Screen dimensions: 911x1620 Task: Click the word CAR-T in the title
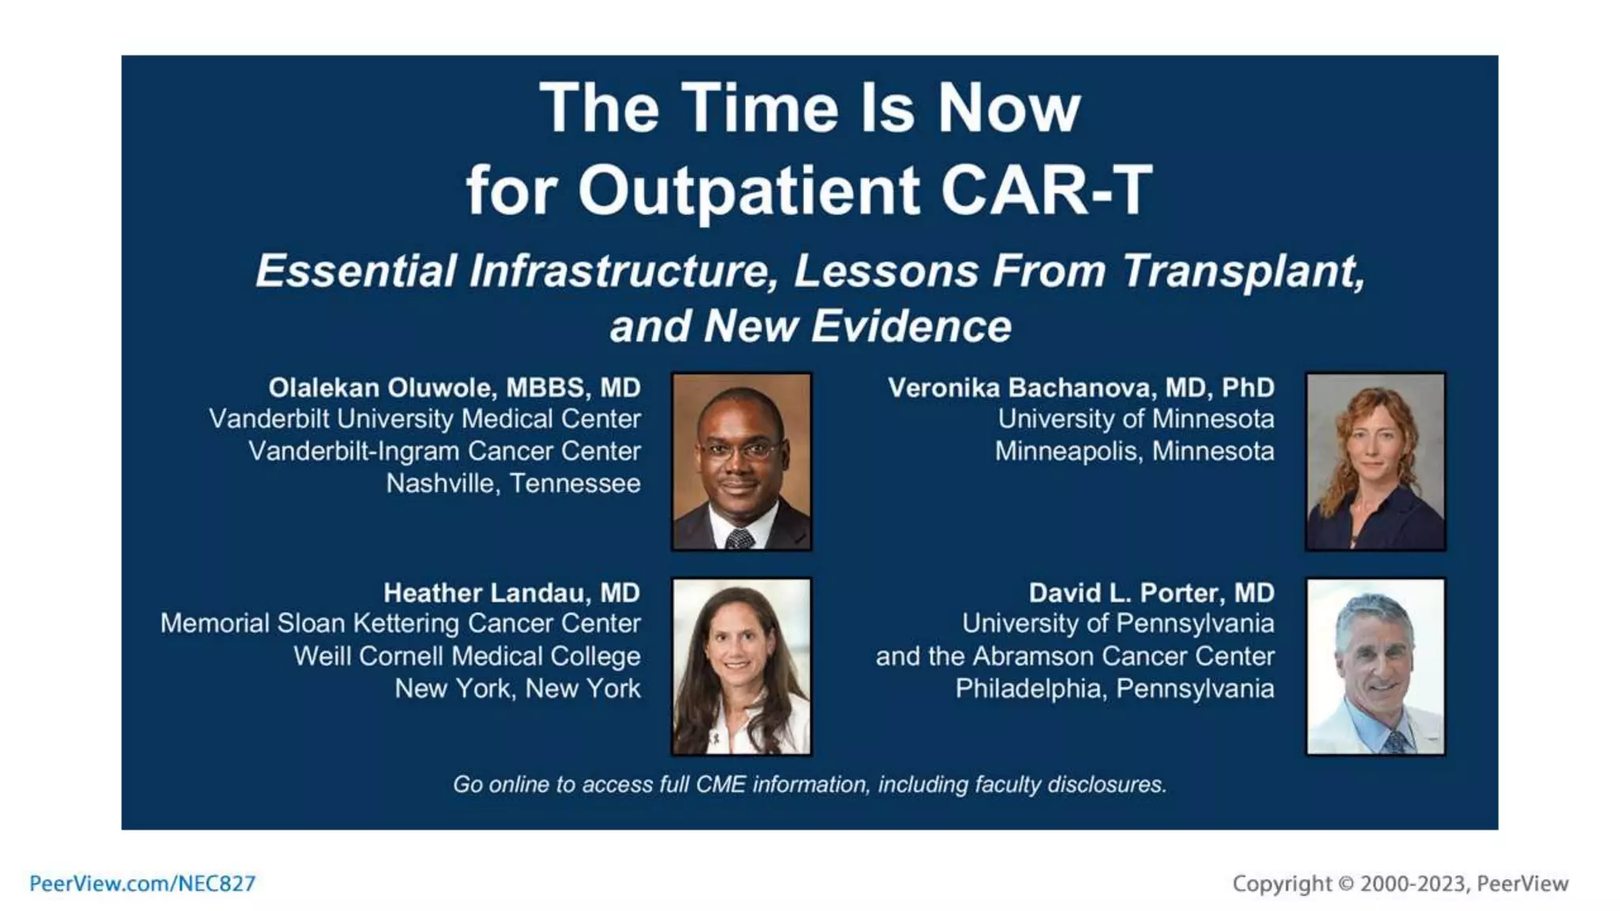[x=1046, y=191]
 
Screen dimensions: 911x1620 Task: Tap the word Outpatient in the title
[x=748, y=191]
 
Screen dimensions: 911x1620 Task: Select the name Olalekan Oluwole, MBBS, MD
[x=454, y=387]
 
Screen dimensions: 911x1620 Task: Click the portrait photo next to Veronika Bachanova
[x=1375, y=462]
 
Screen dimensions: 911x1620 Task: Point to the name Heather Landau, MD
[x=511, y=592]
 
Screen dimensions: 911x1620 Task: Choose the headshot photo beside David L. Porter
[x=1375, y=666]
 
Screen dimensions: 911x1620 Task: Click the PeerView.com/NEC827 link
[x=142, y=883]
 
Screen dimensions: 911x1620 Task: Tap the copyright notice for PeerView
[x=1399, y=883]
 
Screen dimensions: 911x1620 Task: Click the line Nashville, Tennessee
[x=513, y=483]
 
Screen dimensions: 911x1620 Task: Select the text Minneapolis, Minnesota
[x=1134, y=451]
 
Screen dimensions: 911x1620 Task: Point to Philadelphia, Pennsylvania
[x=1114, y=688]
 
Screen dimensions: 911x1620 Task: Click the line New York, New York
[x=517, y=688]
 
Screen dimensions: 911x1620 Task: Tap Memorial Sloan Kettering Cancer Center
[x=400, y=623]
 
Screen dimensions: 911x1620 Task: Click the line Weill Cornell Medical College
[x=467, y=656]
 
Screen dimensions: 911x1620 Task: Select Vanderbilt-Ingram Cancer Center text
[x=444, y=451]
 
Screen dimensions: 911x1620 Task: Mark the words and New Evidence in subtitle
[x=810, y=326]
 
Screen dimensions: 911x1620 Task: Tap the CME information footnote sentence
[x=809, y=784]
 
